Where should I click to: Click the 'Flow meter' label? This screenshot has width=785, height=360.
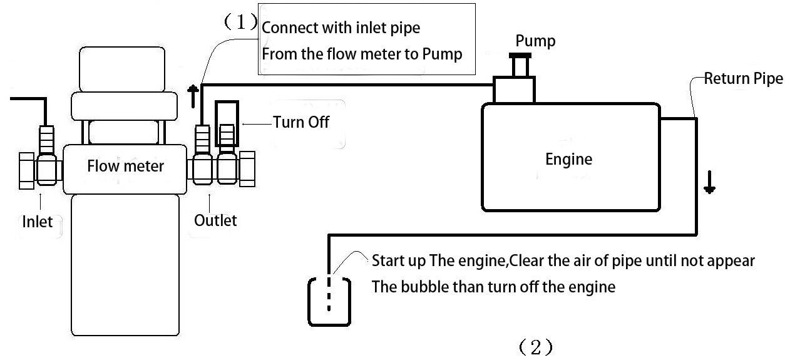point(125,166)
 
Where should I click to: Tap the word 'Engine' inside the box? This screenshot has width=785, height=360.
point(568,159)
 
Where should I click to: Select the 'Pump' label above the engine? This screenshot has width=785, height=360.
point(535,41)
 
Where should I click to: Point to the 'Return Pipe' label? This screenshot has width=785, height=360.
point(743,79)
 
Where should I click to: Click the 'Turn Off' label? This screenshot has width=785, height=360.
point(300,122)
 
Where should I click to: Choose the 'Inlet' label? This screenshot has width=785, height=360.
point(38,222)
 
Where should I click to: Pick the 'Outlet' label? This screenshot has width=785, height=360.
point(215,220)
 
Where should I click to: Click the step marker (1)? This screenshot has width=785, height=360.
point(240,23)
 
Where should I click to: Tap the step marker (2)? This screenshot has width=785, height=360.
point(535,347)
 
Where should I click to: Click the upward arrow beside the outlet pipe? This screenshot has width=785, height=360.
point(194,97)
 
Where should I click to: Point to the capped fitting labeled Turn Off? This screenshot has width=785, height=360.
point(227,124)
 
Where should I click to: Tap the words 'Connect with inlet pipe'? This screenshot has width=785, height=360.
point(341,28)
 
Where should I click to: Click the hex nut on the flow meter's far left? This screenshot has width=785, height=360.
point(26,170)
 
